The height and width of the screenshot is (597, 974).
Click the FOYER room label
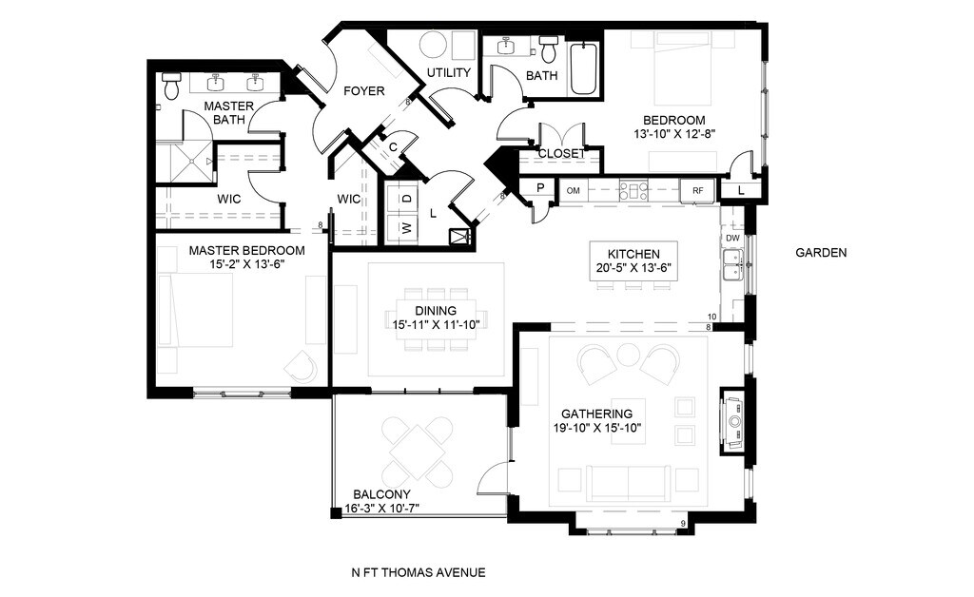(364, 91)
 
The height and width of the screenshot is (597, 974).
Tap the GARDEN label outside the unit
(821, 253)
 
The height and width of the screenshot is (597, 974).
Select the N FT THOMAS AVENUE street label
(419, 573)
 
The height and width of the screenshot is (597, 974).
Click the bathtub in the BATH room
(584, 68)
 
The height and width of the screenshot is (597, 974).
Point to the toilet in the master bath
(170, 86)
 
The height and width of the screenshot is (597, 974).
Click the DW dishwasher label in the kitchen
(732, 239)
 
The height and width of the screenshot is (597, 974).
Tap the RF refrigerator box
(698, 190)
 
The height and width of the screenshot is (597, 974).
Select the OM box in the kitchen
(574, 190)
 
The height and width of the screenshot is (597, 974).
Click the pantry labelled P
(540, 187)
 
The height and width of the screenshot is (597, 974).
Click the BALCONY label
(381, 494)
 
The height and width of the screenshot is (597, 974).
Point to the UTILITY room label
(449, 72)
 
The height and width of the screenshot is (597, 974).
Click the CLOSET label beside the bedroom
(561, 153)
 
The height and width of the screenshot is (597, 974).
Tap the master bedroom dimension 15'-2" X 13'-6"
(247, 263)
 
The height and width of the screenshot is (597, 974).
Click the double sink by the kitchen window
(733, 263)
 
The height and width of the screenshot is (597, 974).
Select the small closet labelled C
(393, 147)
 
